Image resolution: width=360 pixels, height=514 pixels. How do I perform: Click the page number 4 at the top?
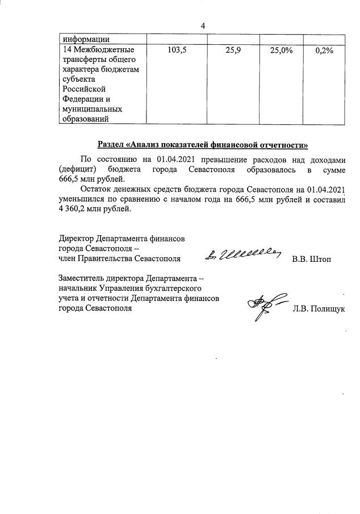click(203, 26)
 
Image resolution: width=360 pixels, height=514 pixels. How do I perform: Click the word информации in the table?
click(86, 39)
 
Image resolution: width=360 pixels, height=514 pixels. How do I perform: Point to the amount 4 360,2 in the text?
click(78, 210)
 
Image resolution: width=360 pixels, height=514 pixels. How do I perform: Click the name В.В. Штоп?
click(311, 259)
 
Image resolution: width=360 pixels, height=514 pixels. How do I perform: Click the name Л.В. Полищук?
click(319, 309)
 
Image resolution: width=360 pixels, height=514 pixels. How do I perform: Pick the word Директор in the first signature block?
click(76, 239)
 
